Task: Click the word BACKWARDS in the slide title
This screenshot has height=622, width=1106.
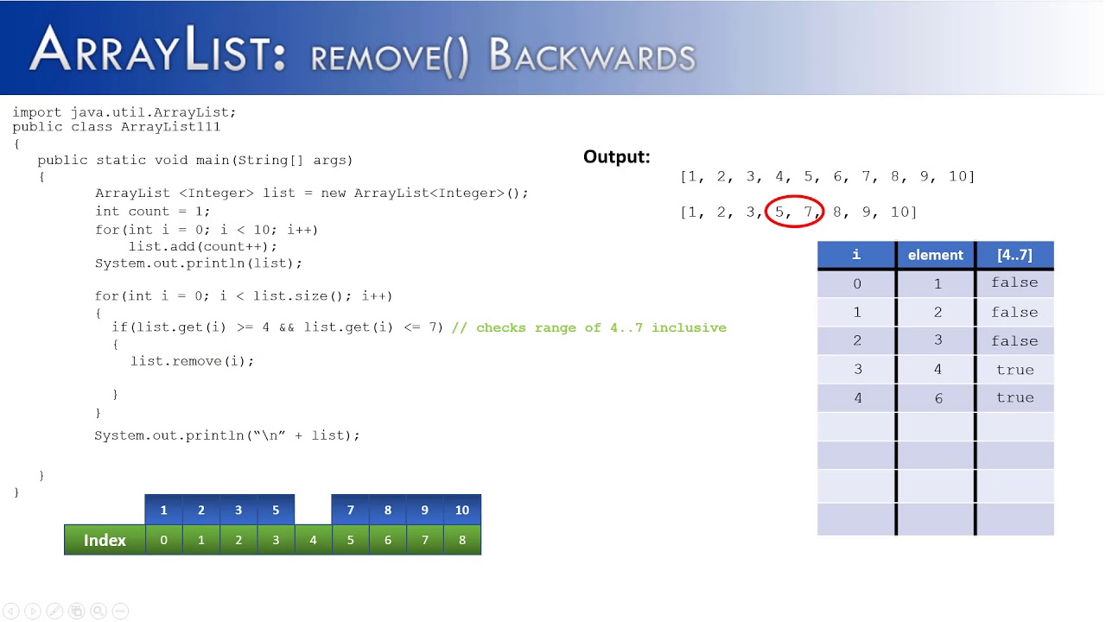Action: coord(592,56)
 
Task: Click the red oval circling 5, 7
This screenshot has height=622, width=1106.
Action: coord(795,212)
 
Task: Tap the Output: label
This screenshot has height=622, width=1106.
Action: coord(616,156)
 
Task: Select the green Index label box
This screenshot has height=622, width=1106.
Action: coord(105,540)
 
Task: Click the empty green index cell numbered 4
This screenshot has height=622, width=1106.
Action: coord(313,540)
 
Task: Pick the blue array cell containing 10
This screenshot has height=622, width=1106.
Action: coord(462,510)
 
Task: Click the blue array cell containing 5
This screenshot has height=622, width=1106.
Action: coord(276,510)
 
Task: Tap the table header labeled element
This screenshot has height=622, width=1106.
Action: coord(935,255)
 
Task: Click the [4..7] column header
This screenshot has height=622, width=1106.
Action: coord(1014,255)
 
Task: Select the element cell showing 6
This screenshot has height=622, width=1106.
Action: coord(938,398)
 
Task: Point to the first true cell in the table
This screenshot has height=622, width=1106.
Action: coord(1014,370)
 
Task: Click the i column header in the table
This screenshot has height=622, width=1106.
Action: coord(856,255)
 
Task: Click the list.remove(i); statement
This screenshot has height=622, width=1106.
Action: coord(193,361)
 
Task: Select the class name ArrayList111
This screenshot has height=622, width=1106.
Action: coord(170,127)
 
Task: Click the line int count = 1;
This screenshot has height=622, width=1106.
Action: coord(152,211)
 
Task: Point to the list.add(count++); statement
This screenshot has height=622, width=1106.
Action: coord(203,246)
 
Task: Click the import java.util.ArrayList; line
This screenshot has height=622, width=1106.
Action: coord(124,112)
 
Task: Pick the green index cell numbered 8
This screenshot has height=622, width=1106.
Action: coord(462,540)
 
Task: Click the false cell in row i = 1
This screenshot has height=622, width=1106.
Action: coord(1014,312)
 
